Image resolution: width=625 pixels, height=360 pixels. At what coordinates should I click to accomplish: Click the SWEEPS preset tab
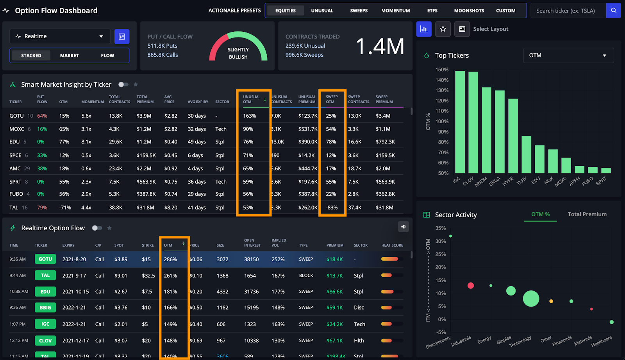pos(359,11)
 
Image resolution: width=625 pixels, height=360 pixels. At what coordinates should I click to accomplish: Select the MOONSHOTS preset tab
pos(469,11)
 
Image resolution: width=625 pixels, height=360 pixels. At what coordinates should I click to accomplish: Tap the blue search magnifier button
pos(613,11)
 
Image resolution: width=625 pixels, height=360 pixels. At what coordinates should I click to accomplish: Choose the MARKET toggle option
pos(69,56)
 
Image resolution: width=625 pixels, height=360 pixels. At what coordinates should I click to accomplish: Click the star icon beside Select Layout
pos(443,29)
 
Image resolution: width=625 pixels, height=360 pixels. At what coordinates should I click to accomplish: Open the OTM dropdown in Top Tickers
pos(568,56)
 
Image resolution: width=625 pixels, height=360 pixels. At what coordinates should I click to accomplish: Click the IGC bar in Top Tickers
pos(460,122)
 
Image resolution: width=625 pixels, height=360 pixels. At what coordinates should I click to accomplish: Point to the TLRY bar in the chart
pos(526,154)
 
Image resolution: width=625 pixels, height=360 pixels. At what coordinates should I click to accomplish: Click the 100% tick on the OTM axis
pos(442,122)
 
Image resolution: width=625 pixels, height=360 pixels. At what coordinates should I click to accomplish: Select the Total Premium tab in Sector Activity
pos(587,214)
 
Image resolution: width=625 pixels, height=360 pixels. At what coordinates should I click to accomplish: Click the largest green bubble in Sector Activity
pos(531,299)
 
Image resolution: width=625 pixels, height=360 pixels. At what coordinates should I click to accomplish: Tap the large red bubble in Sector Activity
pos(471,286)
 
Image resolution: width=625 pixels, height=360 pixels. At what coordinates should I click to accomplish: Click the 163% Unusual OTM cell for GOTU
pos(250,116)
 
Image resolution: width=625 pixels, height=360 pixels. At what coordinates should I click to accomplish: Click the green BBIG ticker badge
pos(45,308)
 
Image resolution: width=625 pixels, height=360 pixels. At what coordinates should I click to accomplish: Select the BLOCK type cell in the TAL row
pos(306,276)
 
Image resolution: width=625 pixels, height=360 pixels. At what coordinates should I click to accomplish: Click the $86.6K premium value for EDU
pos(334,292)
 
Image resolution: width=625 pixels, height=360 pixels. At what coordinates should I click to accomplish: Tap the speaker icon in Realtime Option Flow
pos(404,227)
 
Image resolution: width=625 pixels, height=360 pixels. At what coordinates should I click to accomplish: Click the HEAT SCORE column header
pos(392,245)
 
